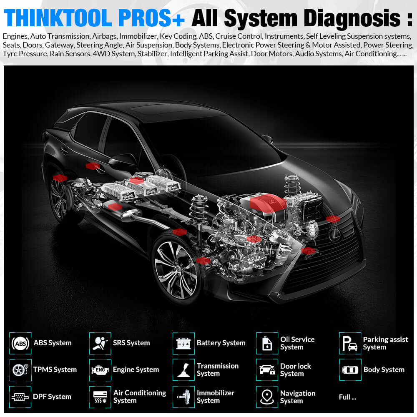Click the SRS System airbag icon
click(x=100, y=343)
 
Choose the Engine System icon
click(x=100, y=370)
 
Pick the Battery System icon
click(x=183, y=343)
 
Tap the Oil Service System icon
click(x=267, y=343)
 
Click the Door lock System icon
click(x=267, y=370)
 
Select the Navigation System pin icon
click(x=267, y=397)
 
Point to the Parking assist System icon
click(x=350, y=343)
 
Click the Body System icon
click(x=350, y=370)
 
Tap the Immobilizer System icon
click(x=183, y=397)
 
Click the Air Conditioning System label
click(x=139, y=397)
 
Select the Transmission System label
click(x=217, y=369)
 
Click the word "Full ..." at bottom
click(x=347, y=397)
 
